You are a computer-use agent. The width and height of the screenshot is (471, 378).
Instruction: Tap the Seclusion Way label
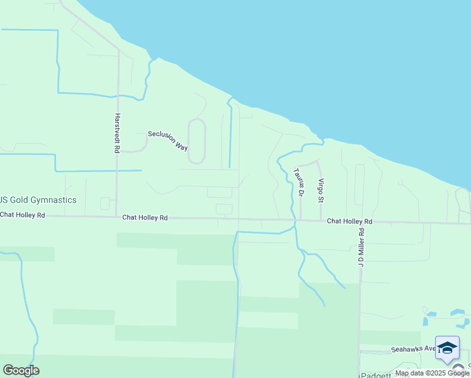pyautogui.click(x=168, y=140)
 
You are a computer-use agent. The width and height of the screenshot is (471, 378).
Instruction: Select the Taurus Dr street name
pyautogui.click(x=299, y=183)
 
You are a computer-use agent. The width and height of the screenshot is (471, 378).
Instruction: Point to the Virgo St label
pyautogui.click(x=321, y=190)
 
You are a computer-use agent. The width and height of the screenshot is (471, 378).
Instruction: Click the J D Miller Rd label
pyautogui.click(x=362, y=248)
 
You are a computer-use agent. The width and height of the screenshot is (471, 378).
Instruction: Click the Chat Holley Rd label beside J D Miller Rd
pyautogui.click(x=349, y=222)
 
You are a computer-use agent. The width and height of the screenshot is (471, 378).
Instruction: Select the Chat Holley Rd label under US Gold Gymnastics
pyautogui.click(x=23, y=215)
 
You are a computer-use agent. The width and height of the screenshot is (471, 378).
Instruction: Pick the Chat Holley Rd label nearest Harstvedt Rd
pyautogui.click(x=145, y=217)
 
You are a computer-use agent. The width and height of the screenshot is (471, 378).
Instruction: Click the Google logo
pyautogui.click(x=21, y=370)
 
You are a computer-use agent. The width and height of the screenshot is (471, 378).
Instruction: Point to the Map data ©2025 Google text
pyautogui.click(x=433, y=373)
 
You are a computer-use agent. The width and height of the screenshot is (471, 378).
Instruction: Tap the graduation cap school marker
pyautogui.click(x=447, y=348)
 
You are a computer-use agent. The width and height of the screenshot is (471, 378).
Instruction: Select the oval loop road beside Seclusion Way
pyautogui.click(x=197, y=140)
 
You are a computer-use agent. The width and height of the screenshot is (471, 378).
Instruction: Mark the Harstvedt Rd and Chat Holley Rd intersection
pyautogui.click(x=117, y=217)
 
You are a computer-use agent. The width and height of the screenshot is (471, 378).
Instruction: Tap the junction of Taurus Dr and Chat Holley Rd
pyautogui.click(x=300, y=220)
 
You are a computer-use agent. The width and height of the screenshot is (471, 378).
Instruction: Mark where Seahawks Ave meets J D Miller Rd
pyautogui.click(x=360, y=351)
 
